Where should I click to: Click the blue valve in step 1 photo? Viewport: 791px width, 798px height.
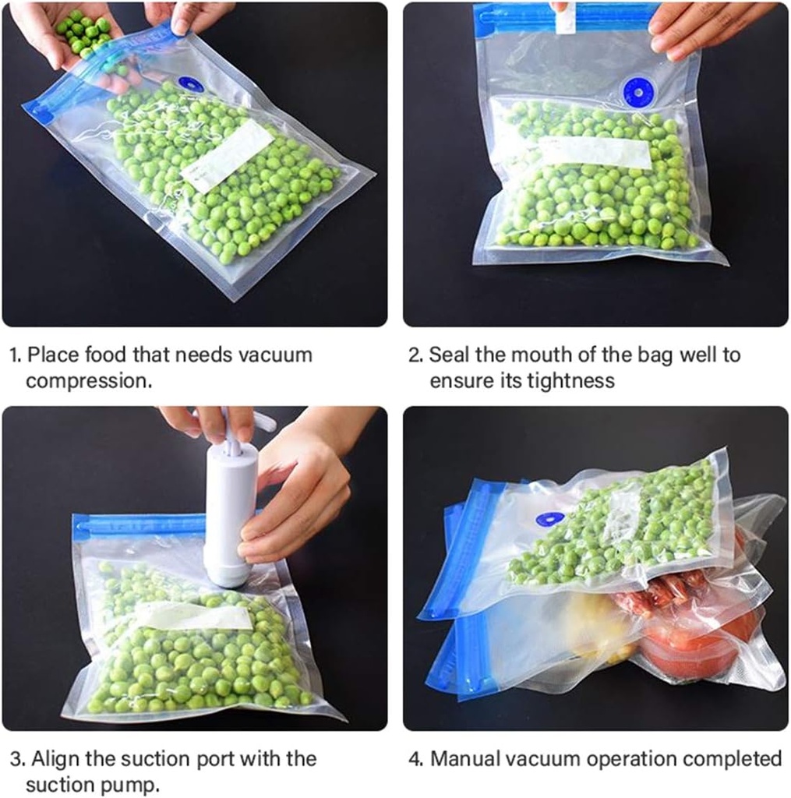pyautogui.click(x=190, y=83)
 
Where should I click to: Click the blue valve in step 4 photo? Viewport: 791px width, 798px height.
pyautogui.click(x=550, y=518)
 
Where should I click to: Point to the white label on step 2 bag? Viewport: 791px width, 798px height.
pyautogui.click(x=594, y=152)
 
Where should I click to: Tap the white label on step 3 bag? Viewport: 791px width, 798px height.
pyautogui.click(x=194, y=616)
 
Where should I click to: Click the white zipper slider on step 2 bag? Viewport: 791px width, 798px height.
pyautogui.click(x=565, y=18)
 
